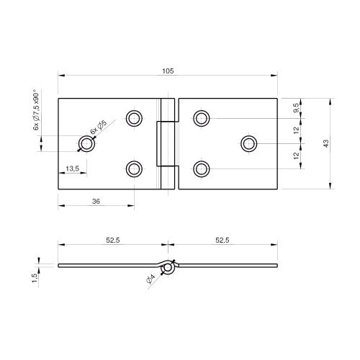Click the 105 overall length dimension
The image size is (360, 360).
(x=168, y=71)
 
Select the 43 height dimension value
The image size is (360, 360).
(x=326, y=143)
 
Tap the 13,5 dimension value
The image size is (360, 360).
(x=72, y=168)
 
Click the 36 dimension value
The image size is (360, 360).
(x=96, y=202)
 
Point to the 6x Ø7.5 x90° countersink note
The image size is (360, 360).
(x=35, y=109)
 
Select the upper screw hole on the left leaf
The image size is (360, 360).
(x=134, y=118)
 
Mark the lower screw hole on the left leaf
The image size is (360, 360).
(x=134, y=168)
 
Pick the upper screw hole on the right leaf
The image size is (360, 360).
(x=202, y=118)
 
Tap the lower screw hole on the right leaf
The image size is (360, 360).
(x=202, y=168)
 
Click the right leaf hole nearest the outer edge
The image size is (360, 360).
(x=249, y=143)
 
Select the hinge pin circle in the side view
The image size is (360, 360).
(x=168, y=268)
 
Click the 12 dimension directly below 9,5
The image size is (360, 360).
(x=297, y=130)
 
